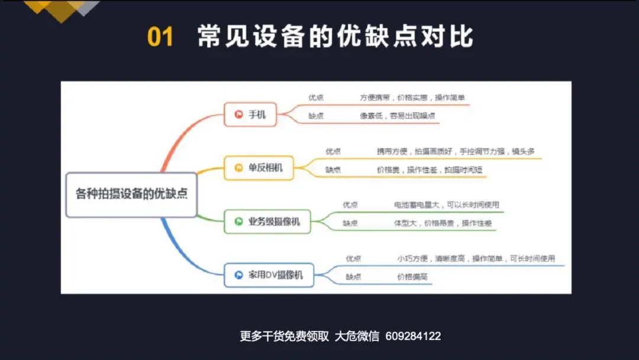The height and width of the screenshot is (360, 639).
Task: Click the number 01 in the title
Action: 160,37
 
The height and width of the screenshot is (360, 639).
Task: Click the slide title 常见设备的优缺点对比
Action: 335,36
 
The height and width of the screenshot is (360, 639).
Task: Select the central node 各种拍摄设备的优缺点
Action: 131,194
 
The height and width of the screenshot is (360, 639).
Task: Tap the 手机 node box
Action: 251,114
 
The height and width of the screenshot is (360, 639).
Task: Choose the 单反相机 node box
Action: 259,168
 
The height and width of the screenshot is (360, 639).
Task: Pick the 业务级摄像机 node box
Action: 267,221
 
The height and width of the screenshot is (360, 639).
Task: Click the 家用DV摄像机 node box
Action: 269,275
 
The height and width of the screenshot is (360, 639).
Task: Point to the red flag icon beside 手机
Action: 239,114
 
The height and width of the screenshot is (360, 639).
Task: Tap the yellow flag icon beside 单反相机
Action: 239,168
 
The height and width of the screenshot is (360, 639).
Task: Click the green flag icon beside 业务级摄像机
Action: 239,221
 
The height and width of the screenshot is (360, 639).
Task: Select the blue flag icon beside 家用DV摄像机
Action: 239,275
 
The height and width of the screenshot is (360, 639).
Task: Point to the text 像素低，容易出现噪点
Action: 398,116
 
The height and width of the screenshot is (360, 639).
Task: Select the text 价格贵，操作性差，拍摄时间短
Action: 430,170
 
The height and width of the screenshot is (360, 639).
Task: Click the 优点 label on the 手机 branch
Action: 316,98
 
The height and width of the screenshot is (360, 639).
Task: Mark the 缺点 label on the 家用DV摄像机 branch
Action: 353,277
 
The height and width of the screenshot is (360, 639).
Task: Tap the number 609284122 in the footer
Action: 413,336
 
